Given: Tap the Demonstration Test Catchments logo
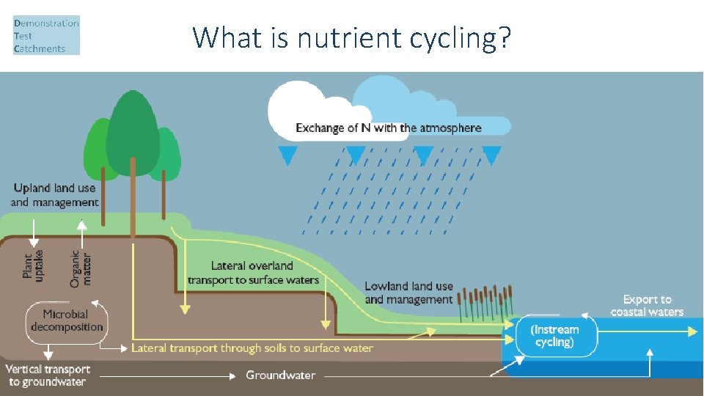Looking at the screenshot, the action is coord(46,35).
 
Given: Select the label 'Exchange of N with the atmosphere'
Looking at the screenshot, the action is coord(389,128).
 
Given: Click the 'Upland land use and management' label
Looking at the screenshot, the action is coord(55,195).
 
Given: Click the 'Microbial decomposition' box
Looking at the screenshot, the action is coord(67,320).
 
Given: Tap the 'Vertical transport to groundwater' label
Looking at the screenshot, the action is coord(48,375).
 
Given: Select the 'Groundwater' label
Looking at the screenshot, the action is coord(280,375).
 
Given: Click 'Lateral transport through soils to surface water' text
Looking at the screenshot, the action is coord(252,348).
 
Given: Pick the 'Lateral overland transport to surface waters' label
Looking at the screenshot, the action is coord(253,272).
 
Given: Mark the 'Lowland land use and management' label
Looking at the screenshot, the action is coord(408,293).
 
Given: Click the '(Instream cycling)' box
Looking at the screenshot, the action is coord(554,336).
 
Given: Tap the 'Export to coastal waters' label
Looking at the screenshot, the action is coord(647,305).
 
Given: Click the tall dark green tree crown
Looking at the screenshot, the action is coord(133,128).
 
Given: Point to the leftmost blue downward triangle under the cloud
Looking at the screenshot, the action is coord(288,155).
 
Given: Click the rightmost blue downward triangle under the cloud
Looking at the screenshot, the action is coord(491,155).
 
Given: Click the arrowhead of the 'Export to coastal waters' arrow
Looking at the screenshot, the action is coord(693,331).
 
